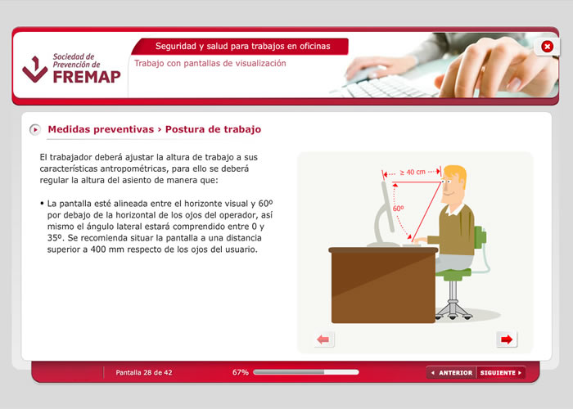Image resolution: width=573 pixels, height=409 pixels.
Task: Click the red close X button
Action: tap(547, 47)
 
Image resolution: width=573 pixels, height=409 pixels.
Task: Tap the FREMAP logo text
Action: tap(87, 77)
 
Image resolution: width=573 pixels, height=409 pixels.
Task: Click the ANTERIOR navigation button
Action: tap(452, 372)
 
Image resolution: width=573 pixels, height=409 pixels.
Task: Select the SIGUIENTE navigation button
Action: tap(501, 372)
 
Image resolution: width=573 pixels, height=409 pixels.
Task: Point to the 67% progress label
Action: tap(240, 372)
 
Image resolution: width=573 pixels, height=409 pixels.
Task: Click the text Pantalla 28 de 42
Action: tap(143, 372)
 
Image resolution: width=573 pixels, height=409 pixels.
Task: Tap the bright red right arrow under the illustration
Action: tap(507, 339)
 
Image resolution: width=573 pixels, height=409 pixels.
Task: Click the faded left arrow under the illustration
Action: tap(323, 339)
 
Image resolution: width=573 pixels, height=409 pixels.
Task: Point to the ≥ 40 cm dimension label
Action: tap(413, 172)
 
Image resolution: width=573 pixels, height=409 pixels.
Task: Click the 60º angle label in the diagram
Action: tap(399, 209)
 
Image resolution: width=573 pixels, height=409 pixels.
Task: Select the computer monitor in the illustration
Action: tap(385, 214)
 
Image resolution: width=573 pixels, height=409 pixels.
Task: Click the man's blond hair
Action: tap(457, 173)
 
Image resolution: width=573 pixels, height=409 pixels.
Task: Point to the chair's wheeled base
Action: tap(453, 311)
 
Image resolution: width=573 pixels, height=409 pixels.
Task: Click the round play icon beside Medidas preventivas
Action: tap(35, 129)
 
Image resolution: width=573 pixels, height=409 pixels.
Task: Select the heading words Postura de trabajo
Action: tap(213, 129)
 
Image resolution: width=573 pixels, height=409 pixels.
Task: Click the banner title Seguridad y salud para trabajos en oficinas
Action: tap(242, 47)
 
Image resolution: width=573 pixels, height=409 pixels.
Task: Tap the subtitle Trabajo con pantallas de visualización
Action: tap(210, 64)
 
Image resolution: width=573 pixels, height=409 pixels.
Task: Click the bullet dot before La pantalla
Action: tap(42, 203)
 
